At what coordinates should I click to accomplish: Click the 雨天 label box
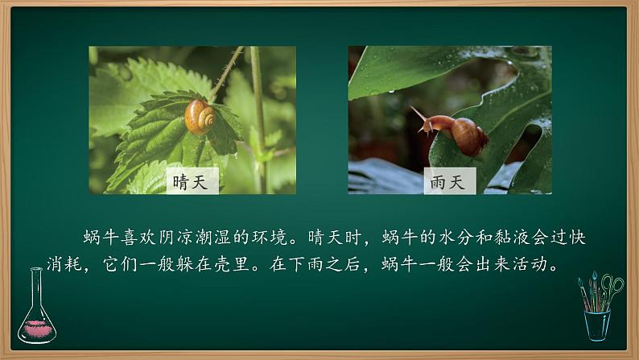tap(450, 181)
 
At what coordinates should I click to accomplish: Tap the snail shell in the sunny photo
tap(200, 117)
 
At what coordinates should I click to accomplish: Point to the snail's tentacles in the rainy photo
tap(418, 115)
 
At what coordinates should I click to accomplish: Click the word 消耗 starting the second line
tap(81, 264)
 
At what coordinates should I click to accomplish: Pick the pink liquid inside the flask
tap(37, 327)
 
